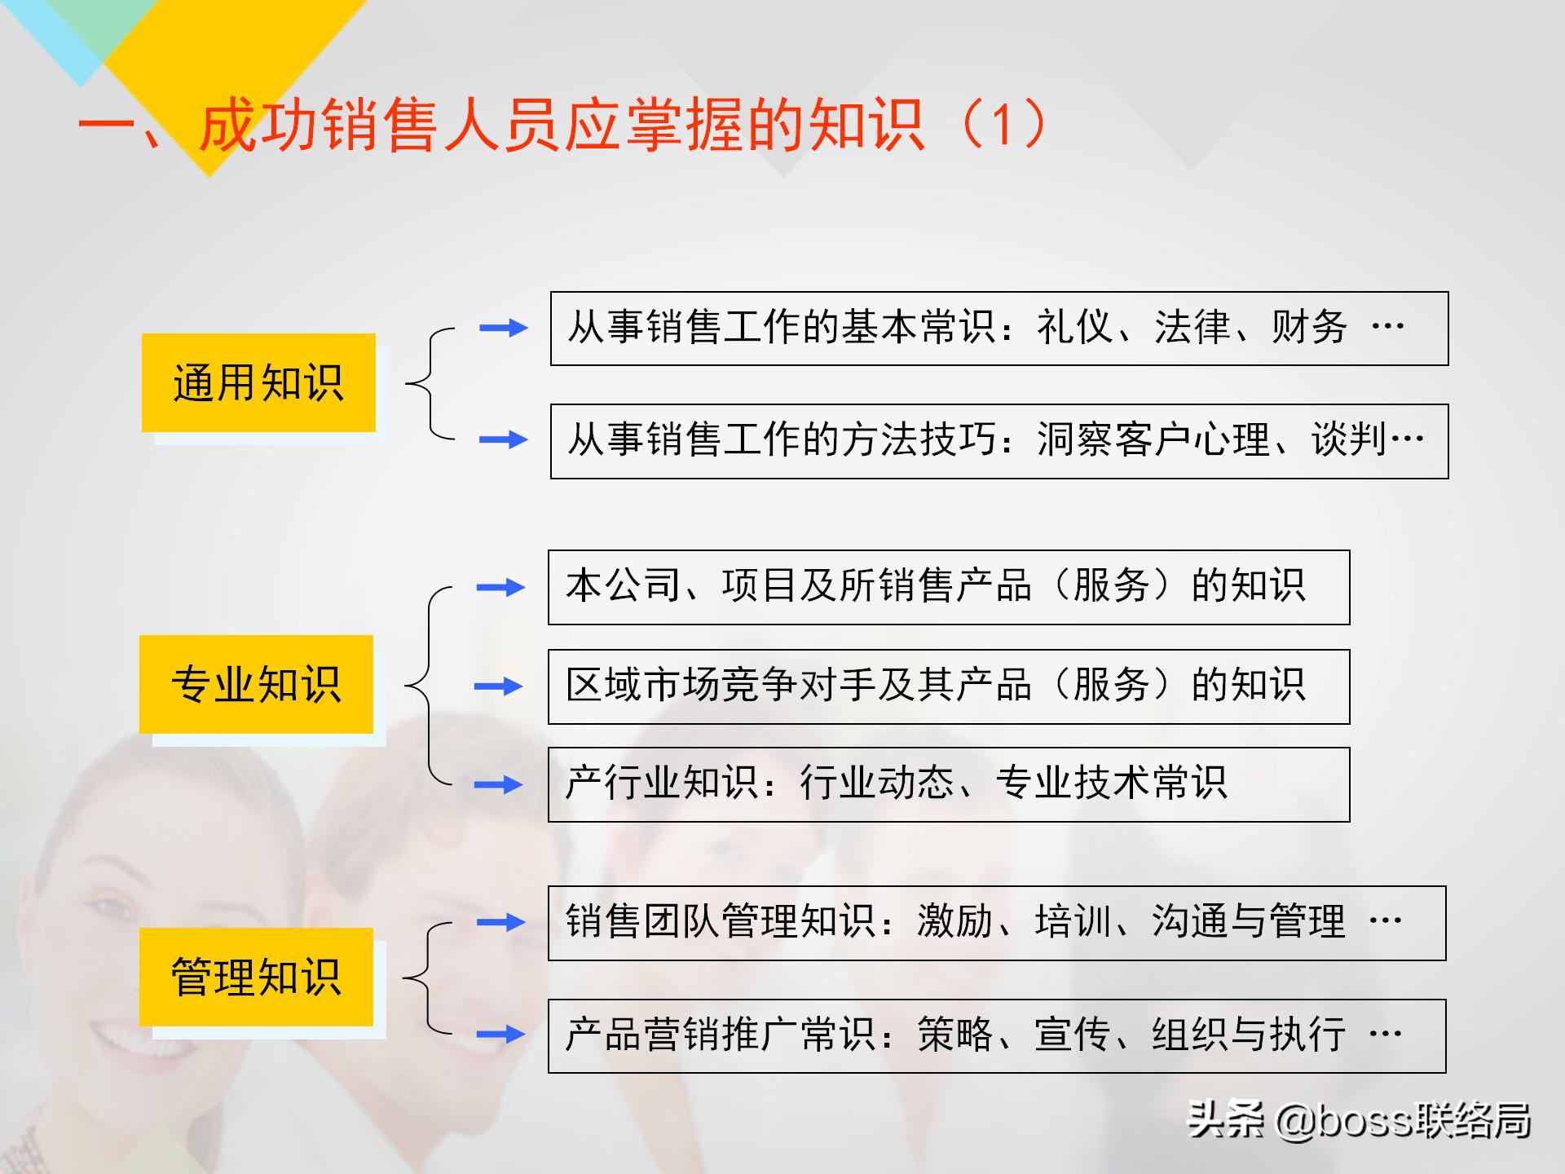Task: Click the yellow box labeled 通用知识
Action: pyautogui.click(x=258, y=382)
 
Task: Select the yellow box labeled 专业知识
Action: pyautogui.click(x=256, y=684)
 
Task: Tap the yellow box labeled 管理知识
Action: pyautogui.click(x=256, y=977)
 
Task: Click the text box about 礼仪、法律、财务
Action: pyautogui.click(x=999, y=328)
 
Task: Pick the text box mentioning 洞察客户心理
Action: pyautogui.click(x=999, y=441)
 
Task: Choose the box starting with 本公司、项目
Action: pyautogui.click(x=948, y=587)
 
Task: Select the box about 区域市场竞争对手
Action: pyautogui.click(x=948, y=686)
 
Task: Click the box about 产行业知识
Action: pyautogui.click(x=948, y=784)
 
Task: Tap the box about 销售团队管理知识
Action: pyautogui.click(x=996, y=923)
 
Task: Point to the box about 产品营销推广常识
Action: pyautogui.click(x=996, y=1035)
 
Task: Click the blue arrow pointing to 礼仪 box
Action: pyautogui.click(x=503, y=328)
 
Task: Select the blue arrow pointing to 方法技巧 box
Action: pyautogui.click(x=503, y=440)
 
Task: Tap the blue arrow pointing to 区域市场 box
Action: pyautogui.click(x=499, y=686)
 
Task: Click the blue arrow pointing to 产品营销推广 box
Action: pyautogui.click(x=500, y=1035)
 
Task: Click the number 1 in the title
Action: pyautogui.click(x=1003, y=125)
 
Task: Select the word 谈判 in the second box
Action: pyautogui.click(x=1349, y=440)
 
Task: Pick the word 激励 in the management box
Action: pyautogui.click(x=954, y=922)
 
